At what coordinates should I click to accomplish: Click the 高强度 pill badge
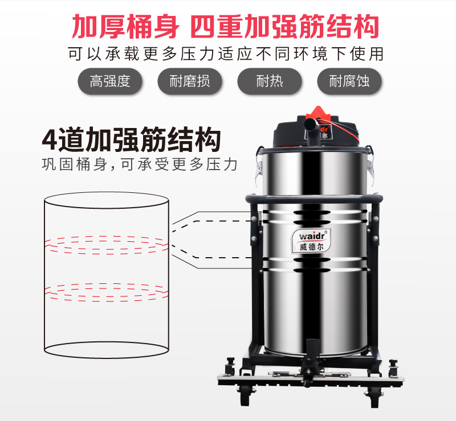pyautogui.click(x=110, y=81)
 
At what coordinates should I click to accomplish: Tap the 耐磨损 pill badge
pyautogui.click(x=190, y=81)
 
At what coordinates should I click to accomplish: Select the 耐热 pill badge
pyautogui.click(x=270, y=81)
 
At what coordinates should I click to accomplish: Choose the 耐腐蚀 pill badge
pyautogui.click(x=349, y=81)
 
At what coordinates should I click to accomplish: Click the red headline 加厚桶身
pyautogui.click(x=125, y=27)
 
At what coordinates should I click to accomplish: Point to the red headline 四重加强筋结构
pyautogui.click(x=285, y=27)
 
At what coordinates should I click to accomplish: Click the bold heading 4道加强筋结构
pyautogui.click(x=132, y=139)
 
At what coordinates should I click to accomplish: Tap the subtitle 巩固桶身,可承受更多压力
pyautogui.click(x=140, y=164)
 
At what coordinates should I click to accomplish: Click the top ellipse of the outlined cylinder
pyautogui.click(x=107, y=192)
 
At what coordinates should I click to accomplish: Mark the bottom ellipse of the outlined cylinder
pyautogui.click(x=107, y=358)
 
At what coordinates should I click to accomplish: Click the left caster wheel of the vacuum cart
pyautogui.click(x=245, y=397)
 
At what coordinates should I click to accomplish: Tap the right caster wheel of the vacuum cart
pyautogui.click(x=375, y=398)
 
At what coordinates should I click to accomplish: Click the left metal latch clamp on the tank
pyautogui.click(x=259, y=168)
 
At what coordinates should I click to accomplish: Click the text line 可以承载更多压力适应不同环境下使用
pyautogui.click(x=226, y=54)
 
